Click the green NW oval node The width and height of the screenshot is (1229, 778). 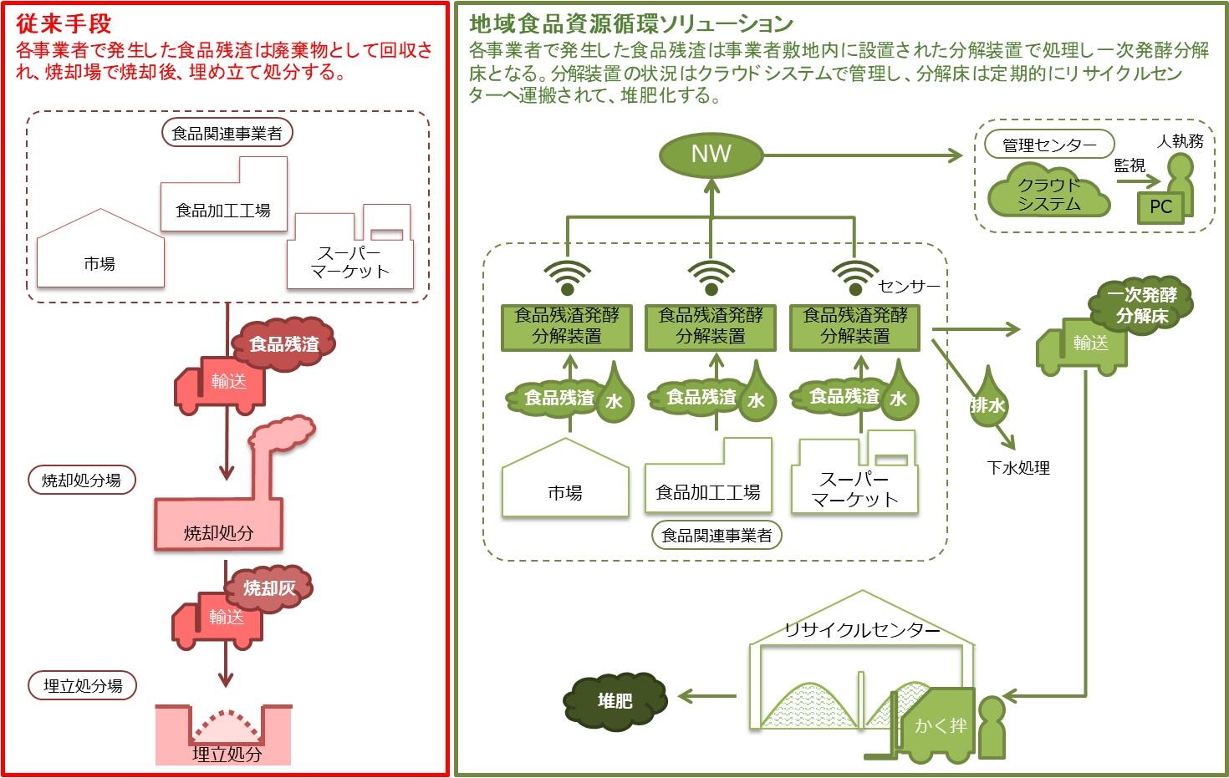[711, 155]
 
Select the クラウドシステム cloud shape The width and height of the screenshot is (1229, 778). [1048, 194]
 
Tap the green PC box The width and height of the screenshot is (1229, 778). [1160, 207]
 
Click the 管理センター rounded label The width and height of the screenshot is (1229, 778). [1048, 145]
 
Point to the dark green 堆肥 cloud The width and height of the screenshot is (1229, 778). [615, 700]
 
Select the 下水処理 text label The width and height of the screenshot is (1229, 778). [1017, 468]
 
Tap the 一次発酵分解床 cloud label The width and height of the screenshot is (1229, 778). [1141, 306]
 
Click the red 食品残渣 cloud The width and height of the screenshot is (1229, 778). [284, 343]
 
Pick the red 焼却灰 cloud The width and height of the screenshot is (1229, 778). [269, 588]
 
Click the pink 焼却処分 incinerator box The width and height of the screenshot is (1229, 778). [218, 525]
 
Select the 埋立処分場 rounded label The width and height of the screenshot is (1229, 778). [83, 686]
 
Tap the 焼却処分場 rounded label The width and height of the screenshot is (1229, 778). [81, 481]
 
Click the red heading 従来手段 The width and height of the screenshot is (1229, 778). [64, 23]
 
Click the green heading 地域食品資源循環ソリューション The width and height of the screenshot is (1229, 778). [631, 23]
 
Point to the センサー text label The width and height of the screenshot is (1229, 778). [909, 287]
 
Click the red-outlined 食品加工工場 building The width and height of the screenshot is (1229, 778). [223, 196]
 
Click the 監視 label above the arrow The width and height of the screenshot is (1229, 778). [1129, 166]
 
